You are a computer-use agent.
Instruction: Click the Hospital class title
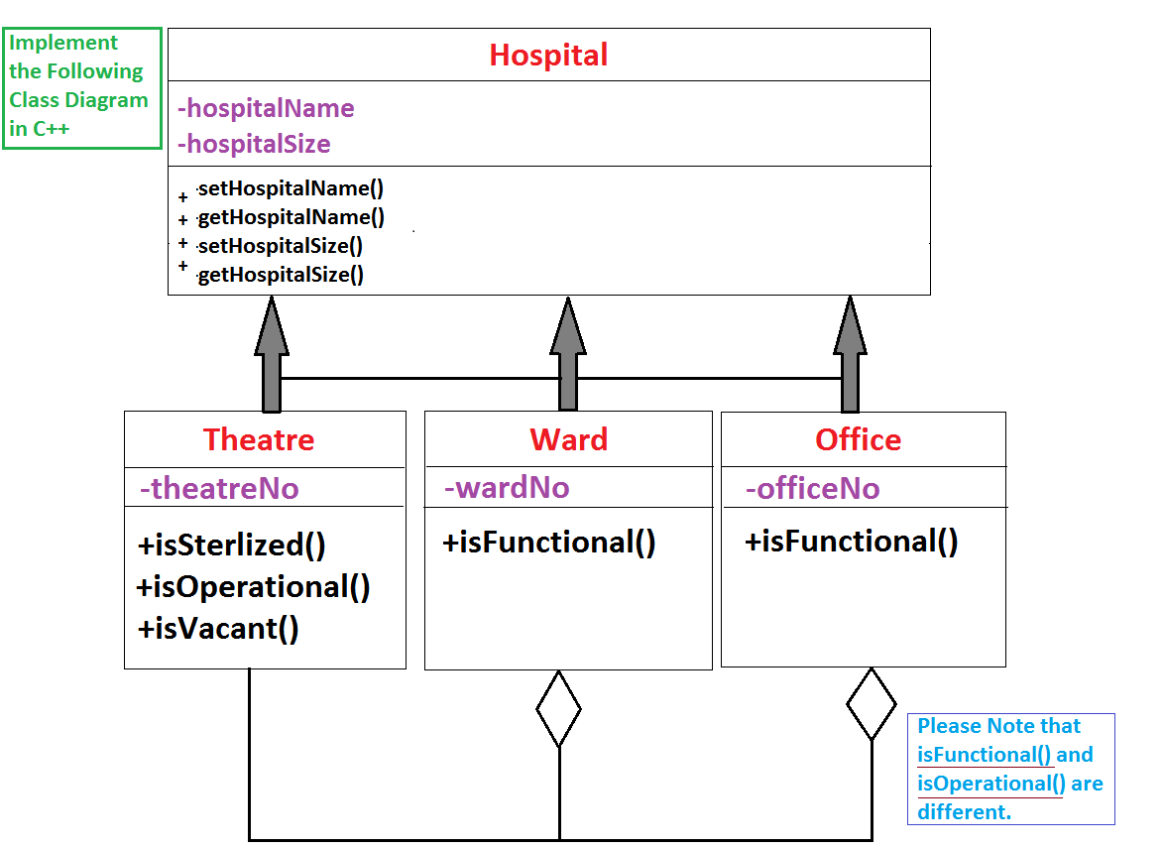point(548,55)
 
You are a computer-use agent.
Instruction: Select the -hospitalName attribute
point(266,107)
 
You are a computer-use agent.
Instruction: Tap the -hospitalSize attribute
point(254,144)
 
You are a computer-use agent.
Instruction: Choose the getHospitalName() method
point(291,217)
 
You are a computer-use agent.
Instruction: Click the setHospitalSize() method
point(280,246)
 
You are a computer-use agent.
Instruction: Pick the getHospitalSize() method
point(281,275)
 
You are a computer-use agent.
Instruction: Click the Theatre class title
point(259,439)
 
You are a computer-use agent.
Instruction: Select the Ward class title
point(568,439)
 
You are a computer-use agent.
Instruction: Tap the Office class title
point(858,439)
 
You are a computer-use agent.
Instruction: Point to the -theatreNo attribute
point(219,488)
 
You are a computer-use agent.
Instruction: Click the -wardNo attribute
point(507,487)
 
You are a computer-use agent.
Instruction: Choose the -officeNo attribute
point(812,488)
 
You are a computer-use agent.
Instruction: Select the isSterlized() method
point(232,545)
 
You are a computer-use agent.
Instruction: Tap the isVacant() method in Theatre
point(218,628)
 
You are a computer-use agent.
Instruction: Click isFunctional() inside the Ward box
point(549,543)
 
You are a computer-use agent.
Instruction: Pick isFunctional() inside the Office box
point(852,542)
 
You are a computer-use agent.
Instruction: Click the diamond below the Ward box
point(558,708)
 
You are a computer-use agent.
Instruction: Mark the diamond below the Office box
point(871,703)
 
